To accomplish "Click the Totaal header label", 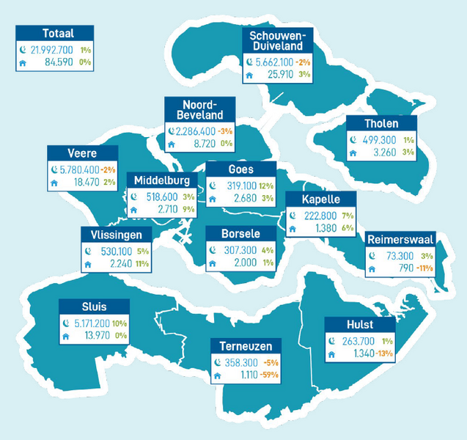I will tap(58, 33).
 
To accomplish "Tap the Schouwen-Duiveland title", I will tap(281, 41).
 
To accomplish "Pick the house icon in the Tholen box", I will tap(353, 153).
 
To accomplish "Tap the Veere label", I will tap(81, 153).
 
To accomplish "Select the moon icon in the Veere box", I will tap(54, 169).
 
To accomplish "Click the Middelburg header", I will tap(162, 180).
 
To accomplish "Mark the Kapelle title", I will tap(320, 199).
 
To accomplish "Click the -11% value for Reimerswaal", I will tap(422, 268).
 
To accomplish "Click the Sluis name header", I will tap(95, 306).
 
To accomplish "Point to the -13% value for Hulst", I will tap(385, 355).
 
